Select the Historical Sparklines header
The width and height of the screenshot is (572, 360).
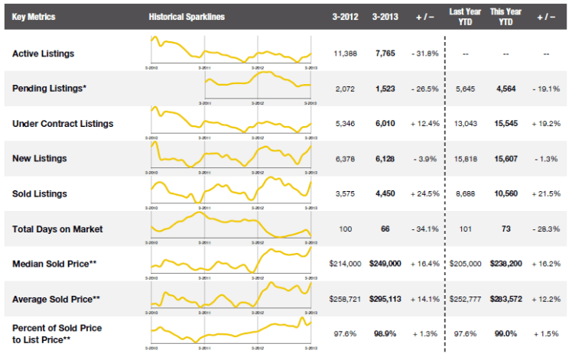tap(187, 17)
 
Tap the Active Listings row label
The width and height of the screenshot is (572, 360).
tap(43, 54)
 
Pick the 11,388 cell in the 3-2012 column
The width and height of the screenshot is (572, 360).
tap(346, 54)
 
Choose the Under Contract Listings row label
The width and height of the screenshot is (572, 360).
tap(63, 123)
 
